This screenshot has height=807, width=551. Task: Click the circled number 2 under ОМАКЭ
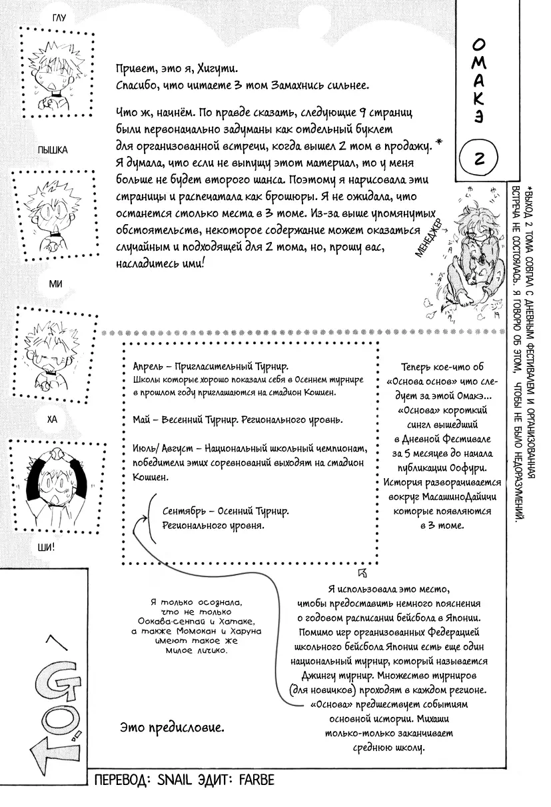coord(480,157)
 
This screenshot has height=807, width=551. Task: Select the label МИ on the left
coord(56,284)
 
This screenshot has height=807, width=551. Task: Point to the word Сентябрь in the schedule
coord(183,512)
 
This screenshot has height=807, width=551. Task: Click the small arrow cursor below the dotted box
coord(362,571)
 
